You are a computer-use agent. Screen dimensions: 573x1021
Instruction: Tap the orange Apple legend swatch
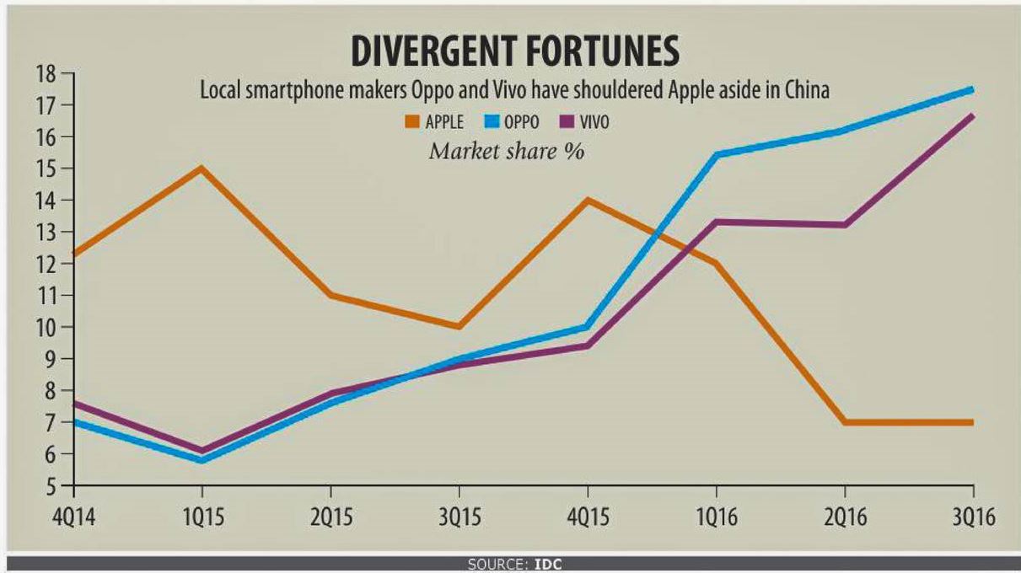pyautogui.click(x=412, y=122)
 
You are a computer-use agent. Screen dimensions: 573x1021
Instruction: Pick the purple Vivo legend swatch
pyautogui.click(x=567, y=122)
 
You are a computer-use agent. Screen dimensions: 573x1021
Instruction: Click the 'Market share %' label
pyautogui.click(x=507, y=152)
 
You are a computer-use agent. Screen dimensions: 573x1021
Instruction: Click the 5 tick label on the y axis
pyautogui.click(x=50, y=486)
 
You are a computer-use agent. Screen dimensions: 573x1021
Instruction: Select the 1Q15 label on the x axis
pyautogui.click(x=202, y=516)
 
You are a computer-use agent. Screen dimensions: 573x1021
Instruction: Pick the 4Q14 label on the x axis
pyautogui.click(x=74, y=516)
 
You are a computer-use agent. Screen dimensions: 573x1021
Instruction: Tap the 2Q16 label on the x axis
pyautogui.click(x=844, y=516)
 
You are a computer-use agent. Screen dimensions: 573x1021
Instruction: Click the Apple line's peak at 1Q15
pyautogui.click(x=202, y=169)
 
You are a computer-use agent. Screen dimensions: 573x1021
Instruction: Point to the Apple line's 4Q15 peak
pyautogui.click(x=587, y=200)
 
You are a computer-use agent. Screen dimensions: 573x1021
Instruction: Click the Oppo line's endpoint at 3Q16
pyautogui.click(x=972, y=89)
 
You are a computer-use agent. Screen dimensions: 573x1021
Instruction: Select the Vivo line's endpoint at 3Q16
pyautogui.click(x=972, y=115)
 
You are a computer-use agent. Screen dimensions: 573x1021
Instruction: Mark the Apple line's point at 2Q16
pyautogui.click(x=844, y=422)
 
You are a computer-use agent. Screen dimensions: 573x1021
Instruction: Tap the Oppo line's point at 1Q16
pyautogui.click(x=716, y=155)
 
